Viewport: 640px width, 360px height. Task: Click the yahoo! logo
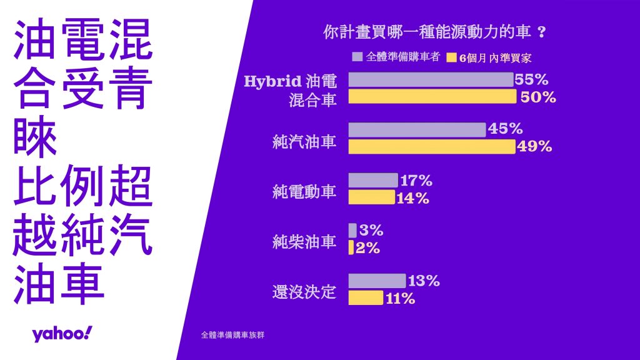62,334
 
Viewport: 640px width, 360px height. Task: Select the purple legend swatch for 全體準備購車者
357,56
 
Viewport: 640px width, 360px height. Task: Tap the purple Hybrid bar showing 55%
431,79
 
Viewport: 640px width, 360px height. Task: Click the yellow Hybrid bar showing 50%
432,97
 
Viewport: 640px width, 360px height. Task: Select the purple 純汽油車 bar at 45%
417,129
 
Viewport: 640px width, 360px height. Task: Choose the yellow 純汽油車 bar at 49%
431,146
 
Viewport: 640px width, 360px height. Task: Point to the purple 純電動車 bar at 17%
372,180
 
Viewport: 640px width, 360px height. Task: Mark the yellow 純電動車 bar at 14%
371,197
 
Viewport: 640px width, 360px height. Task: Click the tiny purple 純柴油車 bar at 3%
352,230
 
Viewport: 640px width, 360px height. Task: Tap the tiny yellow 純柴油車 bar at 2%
351,247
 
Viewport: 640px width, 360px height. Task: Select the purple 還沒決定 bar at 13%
377,281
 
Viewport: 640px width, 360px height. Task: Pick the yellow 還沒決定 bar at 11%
366,298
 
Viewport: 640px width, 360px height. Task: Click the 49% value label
535,146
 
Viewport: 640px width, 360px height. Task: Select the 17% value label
416,181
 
